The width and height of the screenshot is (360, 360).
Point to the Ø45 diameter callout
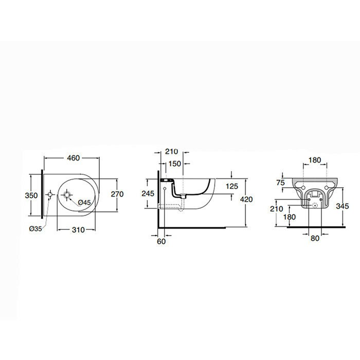tap(85, 203)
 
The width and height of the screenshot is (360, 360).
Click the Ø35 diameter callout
tap(35, 228)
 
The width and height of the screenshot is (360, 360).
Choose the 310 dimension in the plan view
tap(78, 230)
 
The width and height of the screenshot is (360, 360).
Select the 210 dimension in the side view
tap(171, 152)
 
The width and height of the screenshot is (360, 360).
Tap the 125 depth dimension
tap(232, 186)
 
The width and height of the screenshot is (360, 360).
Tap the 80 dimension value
tap(315, 238)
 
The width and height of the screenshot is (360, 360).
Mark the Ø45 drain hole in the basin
tap(67, 195)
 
